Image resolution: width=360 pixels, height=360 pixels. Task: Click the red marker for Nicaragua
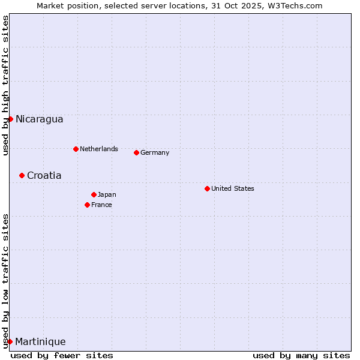click(x=10, y=119)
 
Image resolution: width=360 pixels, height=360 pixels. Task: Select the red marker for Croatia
click(x=22, y=175)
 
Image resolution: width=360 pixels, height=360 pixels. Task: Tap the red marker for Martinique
click(x=10, y=341)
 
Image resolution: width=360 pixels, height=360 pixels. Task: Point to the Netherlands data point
click(x=76, y=149)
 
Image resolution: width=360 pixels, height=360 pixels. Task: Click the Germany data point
click(x=136, y=152)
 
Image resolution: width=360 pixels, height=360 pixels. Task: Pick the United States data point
click(x=207, y=188)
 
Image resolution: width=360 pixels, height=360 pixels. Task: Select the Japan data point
click(x=94, y=194)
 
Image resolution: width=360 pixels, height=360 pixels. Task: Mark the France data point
click(x=87, y=205)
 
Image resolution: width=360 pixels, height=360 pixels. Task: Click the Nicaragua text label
click(x=39, y=119)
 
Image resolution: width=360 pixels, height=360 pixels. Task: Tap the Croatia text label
click(x=44, y=175)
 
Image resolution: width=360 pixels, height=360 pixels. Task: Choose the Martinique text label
click(x=40, y=341)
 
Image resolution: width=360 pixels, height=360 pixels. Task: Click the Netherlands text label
click(x=98, y=149)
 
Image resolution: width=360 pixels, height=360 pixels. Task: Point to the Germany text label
click(x=155, y=152)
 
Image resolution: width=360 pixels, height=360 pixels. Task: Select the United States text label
click(x=232, y=188)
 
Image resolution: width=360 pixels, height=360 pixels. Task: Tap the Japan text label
click(x=107, y=194)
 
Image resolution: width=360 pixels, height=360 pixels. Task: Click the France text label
click(x=101, y=205)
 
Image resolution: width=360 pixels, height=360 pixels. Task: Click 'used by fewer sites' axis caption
click(x=62, y=355)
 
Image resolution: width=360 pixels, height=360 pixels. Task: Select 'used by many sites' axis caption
click(x=301, y=355)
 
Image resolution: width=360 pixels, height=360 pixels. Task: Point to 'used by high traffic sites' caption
click(x=5, y=85)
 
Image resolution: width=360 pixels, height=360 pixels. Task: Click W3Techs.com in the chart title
click(x=293, y=5)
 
